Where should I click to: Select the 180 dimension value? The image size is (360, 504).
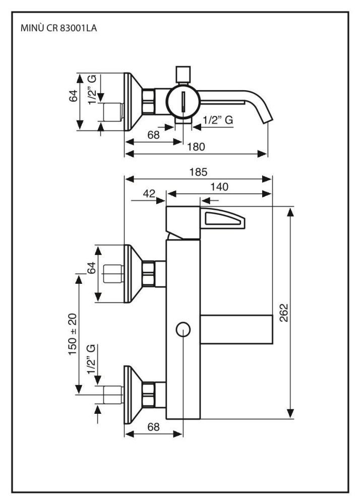pyautogui.click(x=196, y=147)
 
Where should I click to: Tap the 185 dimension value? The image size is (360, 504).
pyautogui.click(x=198, y=172)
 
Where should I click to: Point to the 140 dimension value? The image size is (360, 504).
pyautogui.click(x=220, y=186)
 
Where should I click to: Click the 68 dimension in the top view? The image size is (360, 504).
pyautogui.click(x=153, y=135)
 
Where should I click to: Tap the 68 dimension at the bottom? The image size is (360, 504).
pyautogui.click(x=153, y=426)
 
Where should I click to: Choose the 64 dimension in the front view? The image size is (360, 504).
pyautogui.click(x=92, y=269)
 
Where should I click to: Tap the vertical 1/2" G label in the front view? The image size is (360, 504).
pyautogui.click(x=92, y=359)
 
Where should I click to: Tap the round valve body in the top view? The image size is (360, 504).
pyautogui.click(x=183, y=101)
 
